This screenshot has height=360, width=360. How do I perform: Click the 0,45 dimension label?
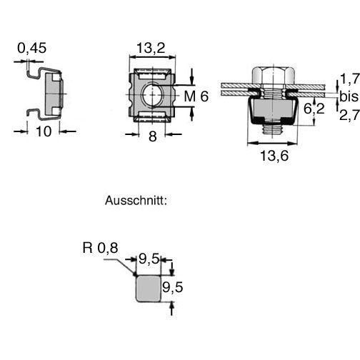(x=32, y=48)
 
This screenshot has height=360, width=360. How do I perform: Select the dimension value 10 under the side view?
(x=44, y=131)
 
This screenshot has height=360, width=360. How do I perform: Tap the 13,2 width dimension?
(x=151, y=48)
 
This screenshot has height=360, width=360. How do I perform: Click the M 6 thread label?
(x=196, y=96)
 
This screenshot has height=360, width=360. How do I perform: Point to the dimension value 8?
(x=153, y=136)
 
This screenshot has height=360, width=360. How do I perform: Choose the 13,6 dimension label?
(x=274, y=156)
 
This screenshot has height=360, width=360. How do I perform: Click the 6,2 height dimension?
(x=314, y=109)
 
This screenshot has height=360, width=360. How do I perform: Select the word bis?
(x=349, y=96)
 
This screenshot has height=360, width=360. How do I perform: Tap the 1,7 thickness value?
(x=349, y=79)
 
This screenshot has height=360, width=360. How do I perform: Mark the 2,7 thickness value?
(x=349, y=115)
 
